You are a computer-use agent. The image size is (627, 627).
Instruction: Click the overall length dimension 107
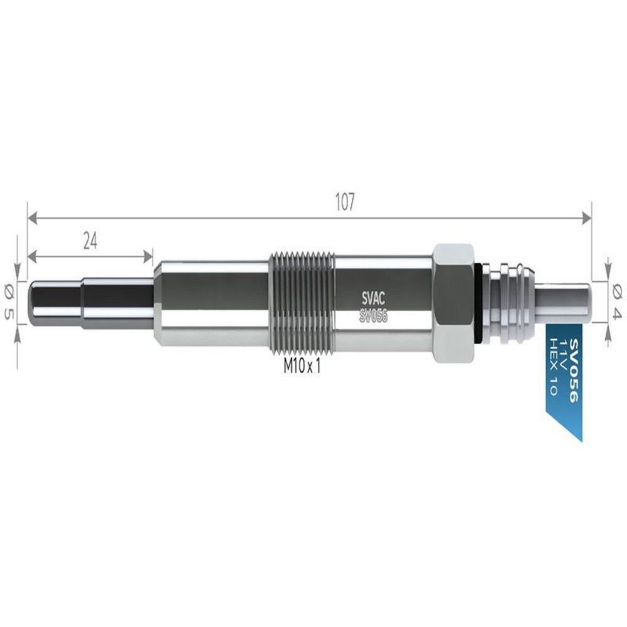pos(345,202)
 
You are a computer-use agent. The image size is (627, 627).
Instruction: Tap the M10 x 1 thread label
pos(302,366)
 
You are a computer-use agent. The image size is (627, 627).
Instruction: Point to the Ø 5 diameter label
pos(9,302)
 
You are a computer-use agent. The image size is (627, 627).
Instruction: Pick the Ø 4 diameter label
pos(618,302)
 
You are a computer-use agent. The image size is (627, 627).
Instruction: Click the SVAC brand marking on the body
pos(374,298)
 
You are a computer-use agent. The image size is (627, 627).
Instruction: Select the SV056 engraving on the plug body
pos(374,316)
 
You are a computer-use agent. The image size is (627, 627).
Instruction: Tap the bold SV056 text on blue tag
pos(574,371)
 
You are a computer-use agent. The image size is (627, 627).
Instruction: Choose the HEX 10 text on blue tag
pos(552,366)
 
